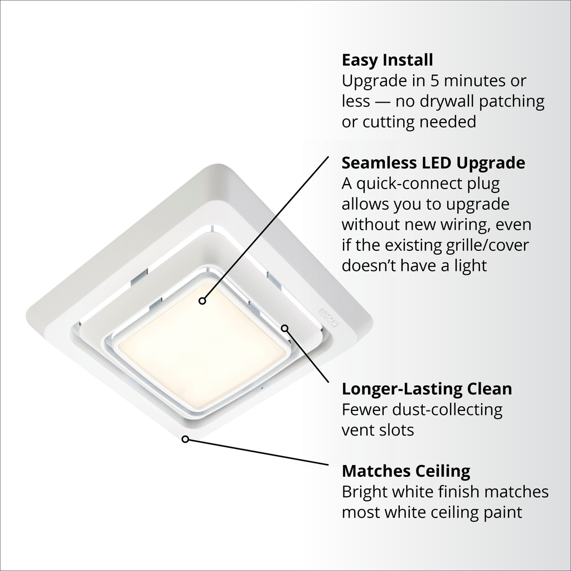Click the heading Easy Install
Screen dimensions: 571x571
tap(387, 60)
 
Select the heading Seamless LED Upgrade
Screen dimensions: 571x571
tap(433, 163)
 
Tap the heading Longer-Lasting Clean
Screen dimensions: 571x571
tap(427, 389)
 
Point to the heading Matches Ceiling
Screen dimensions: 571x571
tap(406, 471)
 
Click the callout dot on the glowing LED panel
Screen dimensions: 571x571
tap(202, 301)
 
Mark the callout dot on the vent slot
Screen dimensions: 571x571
tap(285, 328)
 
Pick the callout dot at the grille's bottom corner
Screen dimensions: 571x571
tap(185, 439)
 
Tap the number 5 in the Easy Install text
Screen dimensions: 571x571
tap(434, 81)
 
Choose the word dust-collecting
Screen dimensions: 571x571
tap(447, 410)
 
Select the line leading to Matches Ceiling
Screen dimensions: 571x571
tap(257, 452)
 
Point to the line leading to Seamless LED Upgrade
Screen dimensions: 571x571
tap(265, 229)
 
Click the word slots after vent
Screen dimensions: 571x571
tap(396, 430)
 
